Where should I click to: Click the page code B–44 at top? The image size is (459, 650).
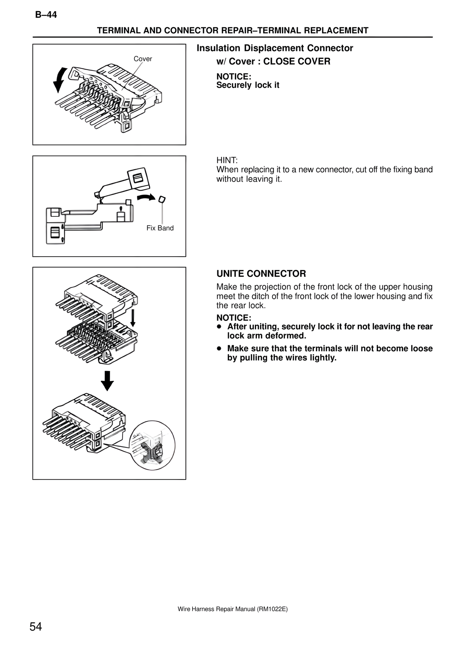click(46, 15)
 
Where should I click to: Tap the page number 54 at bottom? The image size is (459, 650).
click(36, 627)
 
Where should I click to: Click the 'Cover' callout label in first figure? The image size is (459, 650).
click(143, 59)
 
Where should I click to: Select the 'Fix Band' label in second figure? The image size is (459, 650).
click(160, 228)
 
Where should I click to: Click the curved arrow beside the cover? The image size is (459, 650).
click(60, 80)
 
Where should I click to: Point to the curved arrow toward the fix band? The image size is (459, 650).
click(147, 196)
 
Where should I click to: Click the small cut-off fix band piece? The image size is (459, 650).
click(162, 199)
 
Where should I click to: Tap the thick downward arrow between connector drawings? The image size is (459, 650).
click(107, 380)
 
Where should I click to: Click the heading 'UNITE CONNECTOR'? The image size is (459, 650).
click(261, 274)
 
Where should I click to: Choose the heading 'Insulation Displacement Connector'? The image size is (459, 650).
click(275, 48)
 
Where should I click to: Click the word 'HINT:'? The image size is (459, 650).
click(227, 160)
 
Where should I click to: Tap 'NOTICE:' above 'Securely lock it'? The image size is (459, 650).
click(233, 76)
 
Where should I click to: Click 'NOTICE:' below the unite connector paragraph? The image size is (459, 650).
click(233, 318)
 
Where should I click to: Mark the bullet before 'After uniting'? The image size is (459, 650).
click(218, 327)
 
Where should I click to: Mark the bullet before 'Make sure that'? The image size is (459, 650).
click(218, 349)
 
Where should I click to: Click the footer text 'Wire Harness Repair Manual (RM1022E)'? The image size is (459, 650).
click(232, 609)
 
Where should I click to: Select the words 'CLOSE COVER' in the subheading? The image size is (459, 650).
click(297, 61)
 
